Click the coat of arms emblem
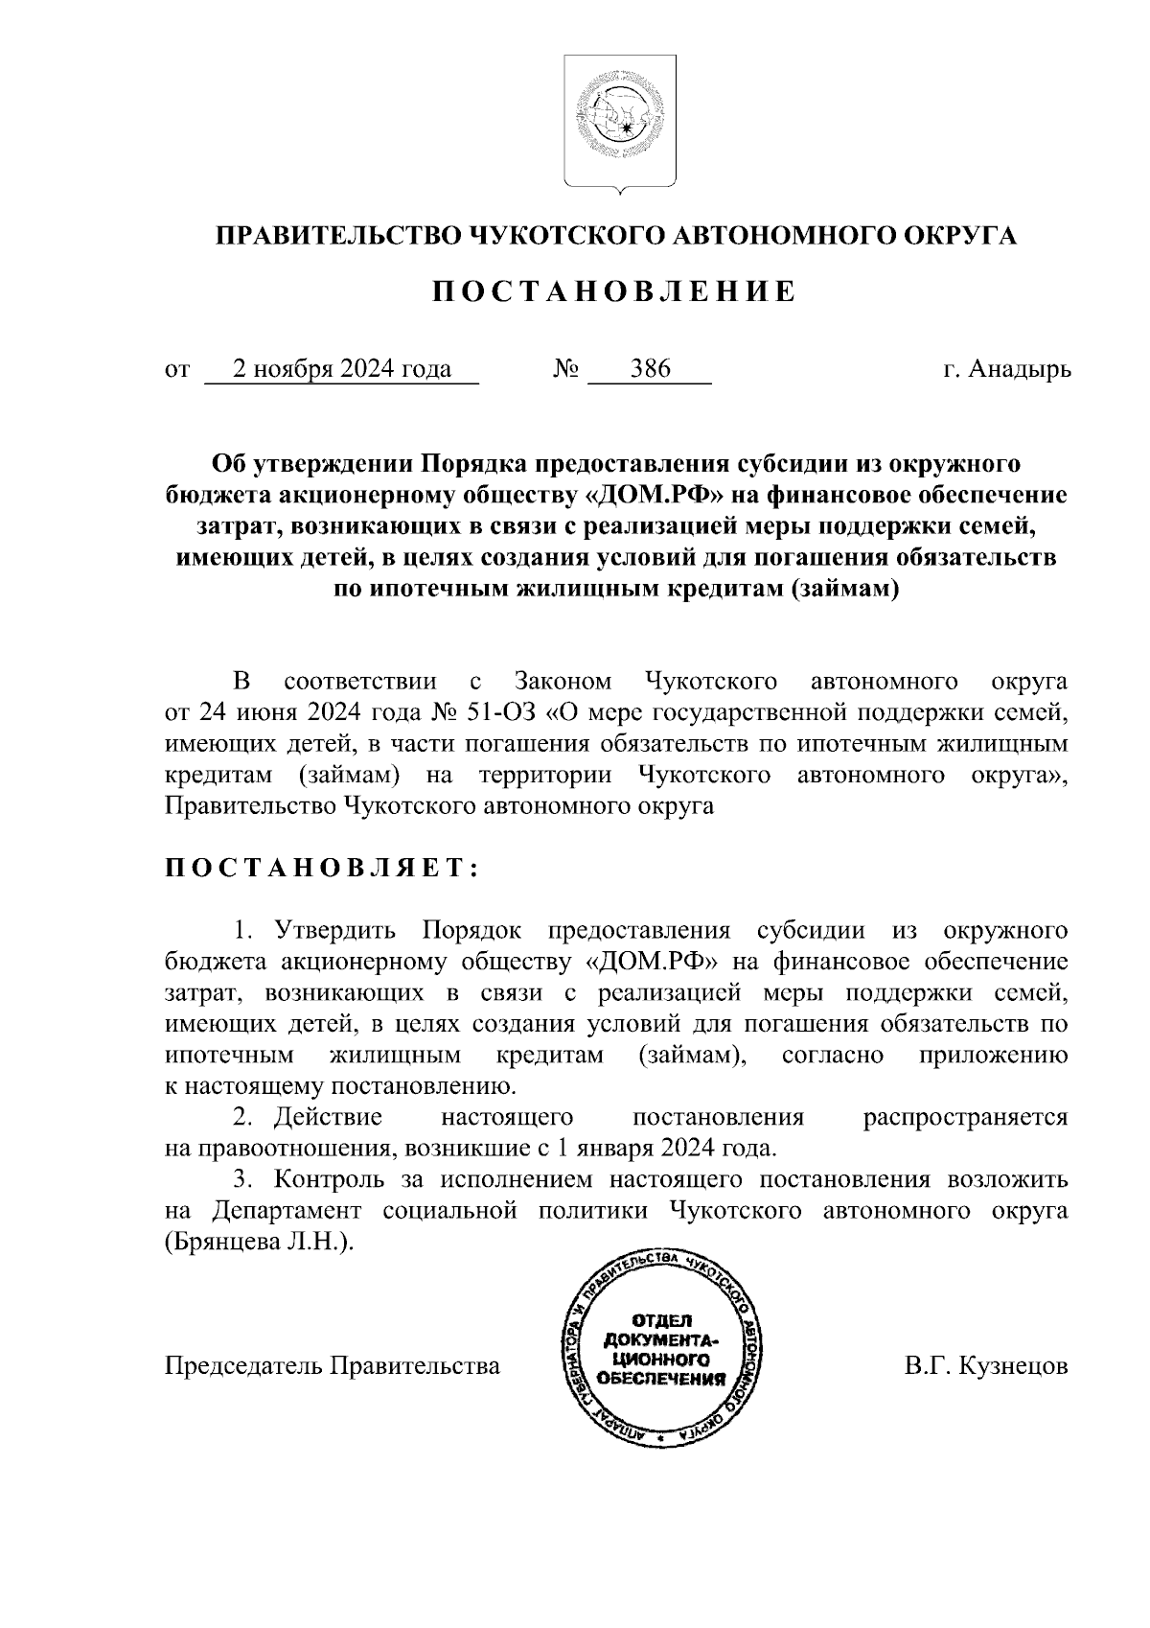tap(619, 122)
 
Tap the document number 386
tap(650, 369)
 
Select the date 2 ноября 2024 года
tap(343, 369)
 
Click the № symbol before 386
tap(565, 369)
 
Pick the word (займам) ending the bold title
tap(843, 589)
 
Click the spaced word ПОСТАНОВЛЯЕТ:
tap(322, 868)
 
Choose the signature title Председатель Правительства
tap(333, 1365)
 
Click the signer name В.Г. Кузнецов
tap(986, 1365)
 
